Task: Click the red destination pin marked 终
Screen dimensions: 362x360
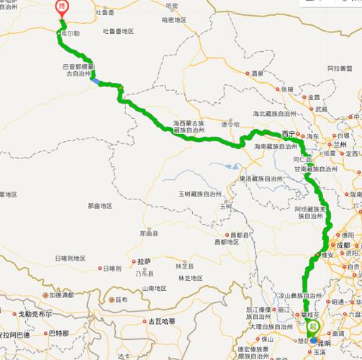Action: (63, 7)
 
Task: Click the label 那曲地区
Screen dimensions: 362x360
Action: (100, 206)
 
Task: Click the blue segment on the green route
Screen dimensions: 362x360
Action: (95, 81)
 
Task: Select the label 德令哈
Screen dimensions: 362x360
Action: (229, 125)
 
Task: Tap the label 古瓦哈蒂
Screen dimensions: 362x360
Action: (163, 322)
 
